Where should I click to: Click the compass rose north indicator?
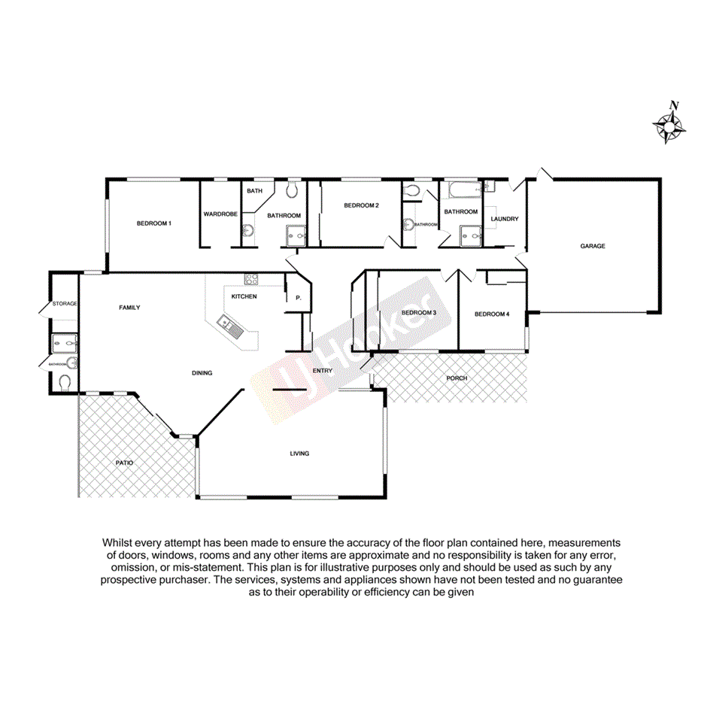tap(669, 125)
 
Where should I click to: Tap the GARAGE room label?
tap(592, 246)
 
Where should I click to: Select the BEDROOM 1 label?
tap(153, 223)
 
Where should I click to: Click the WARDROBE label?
tap(220, 214)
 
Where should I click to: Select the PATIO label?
tap(124, 463)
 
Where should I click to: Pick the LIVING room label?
tap(299, 454)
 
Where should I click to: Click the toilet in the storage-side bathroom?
tap(65, 382)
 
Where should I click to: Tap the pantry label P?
tap(298, 299)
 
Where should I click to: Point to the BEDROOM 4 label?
tap(492, 314)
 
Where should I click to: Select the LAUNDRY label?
tap(504, 219)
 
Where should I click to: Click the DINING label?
tap(202, 372)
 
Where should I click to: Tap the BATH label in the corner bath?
tap(253, 191)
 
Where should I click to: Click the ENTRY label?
tap(322, 370)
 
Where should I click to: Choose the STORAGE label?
tap(65, 303)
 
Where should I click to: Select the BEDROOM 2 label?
tap(361, 205)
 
